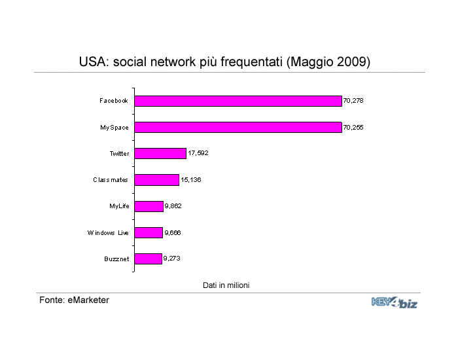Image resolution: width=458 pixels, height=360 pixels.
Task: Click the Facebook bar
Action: click(x=238, y=101)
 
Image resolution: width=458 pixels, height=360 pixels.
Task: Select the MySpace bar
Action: click(x=238, y=128)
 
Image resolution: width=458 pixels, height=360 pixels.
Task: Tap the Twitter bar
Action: click(x=160, y=154)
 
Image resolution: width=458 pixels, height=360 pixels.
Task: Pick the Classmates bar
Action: click(x=156, y=180)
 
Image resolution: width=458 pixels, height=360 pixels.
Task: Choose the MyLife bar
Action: click(x=149, y=206)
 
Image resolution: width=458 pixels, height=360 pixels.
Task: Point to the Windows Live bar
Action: click(x=149, y=232)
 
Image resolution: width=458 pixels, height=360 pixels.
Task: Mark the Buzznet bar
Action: click(x=148, y=259)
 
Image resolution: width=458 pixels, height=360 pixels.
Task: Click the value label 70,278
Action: click(x=353, y=101)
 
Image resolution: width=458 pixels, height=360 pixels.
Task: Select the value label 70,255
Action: click(x=353, y=128)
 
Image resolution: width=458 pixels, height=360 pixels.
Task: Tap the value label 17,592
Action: click(x=198, y=153)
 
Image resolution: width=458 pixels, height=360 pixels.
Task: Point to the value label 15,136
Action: click(x=191, y=180)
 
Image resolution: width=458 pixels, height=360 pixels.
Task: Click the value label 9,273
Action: click(x=171, y=259)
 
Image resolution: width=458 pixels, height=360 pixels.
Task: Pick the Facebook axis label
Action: click(x=114, y=101)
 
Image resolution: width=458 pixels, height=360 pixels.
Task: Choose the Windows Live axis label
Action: click(x=108, y=233)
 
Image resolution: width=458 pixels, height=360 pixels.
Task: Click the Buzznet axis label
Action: click(x=116, y=259)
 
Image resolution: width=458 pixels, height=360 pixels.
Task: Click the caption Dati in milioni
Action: click(x=226, y=285)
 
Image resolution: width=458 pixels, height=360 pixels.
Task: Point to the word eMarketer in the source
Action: click(x=88, y=300)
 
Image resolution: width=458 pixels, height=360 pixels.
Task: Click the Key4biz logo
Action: click(x=395, y=302)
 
